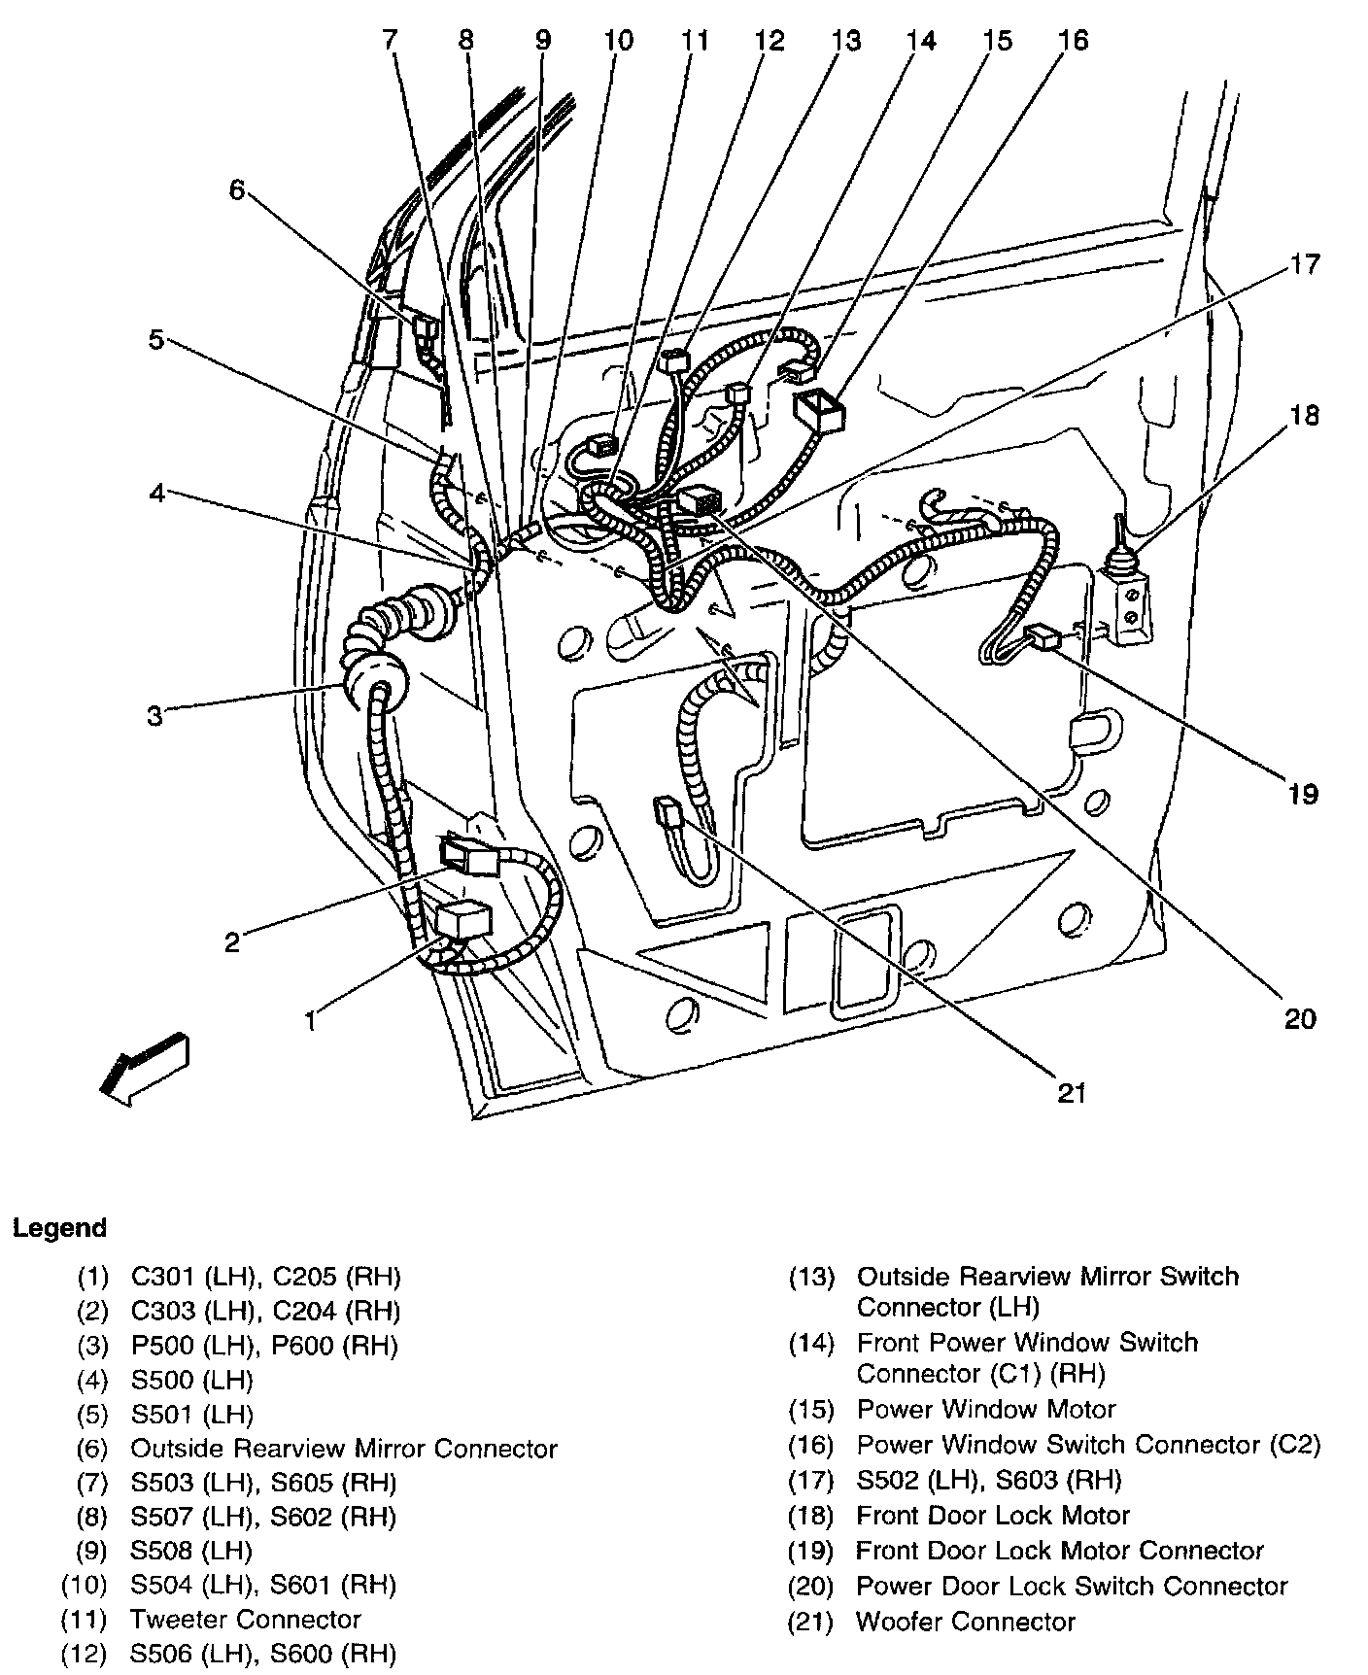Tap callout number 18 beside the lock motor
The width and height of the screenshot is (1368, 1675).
pos(1304,415)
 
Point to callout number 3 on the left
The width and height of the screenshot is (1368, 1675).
pos(155,717)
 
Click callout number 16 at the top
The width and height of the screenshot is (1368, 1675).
pos(1074,40)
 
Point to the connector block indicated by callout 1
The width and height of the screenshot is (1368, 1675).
pos(463,918)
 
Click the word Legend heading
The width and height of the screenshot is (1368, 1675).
pos(59,1228)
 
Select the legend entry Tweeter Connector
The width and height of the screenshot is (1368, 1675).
pos(245,1620)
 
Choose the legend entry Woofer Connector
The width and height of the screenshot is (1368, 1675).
pos(966,1622)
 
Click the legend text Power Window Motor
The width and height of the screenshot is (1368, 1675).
pos(985,1409)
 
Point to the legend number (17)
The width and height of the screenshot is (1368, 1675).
pos(811,1480)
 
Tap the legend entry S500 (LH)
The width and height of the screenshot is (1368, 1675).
pos(191,1380)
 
